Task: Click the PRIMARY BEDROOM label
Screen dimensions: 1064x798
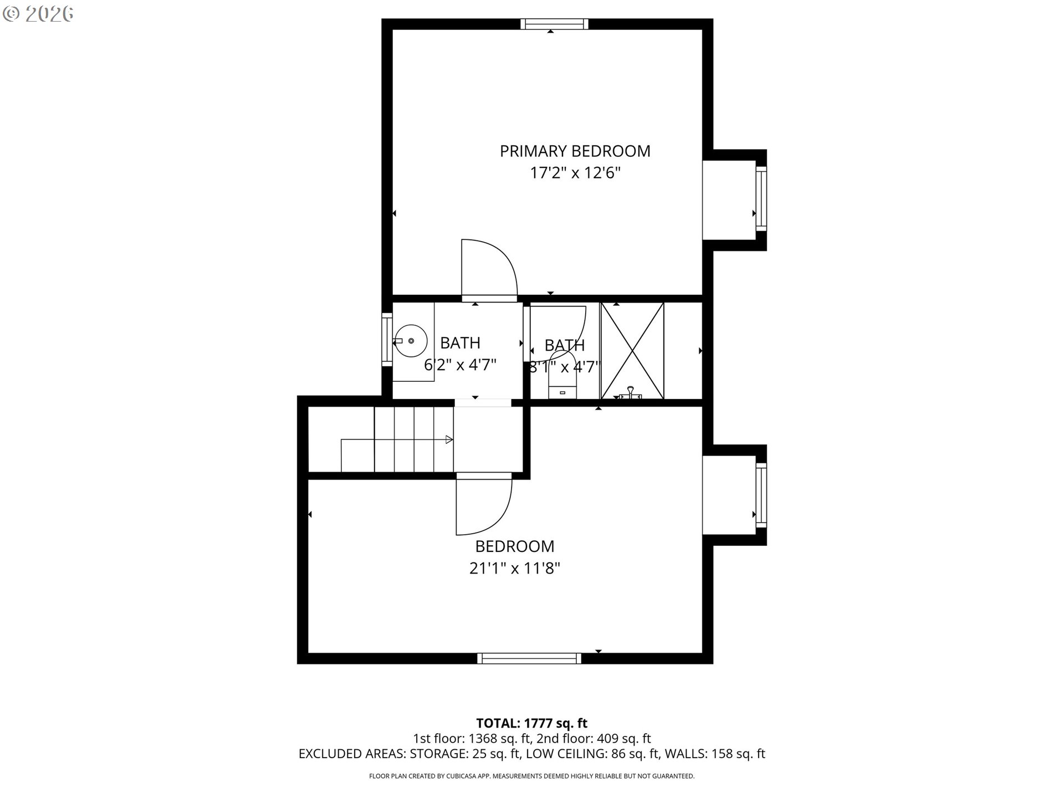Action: [575, 151]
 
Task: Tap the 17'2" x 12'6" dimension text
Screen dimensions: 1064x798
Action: [575, 173]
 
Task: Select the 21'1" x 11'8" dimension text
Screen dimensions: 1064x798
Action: [515, 568]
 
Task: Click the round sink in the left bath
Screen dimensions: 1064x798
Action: [410, 341]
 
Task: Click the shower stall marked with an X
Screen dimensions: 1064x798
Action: [632, 350]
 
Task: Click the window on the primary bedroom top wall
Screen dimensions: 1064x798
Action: [554, 24]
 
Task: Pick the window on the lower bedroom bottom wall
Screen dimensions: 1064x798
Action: [529, 658]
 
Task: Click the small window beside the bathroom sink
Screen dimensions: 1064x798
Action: [387, 339]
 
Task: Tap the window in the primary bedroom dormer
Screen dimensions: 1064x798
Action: [761, 198]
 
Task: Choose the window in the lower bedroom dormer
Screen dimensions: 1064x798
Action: [761, 495]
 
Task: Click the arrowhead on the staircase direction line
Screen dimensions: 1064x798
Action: [449, 440]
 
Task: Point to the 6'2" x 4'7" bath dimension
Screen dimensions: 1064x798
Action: [460, 365]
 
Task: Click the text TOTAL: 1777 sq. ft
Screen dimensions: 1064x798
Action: [532, 723]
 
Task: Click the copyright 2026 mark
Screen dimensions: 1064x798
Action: [38, 14]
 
